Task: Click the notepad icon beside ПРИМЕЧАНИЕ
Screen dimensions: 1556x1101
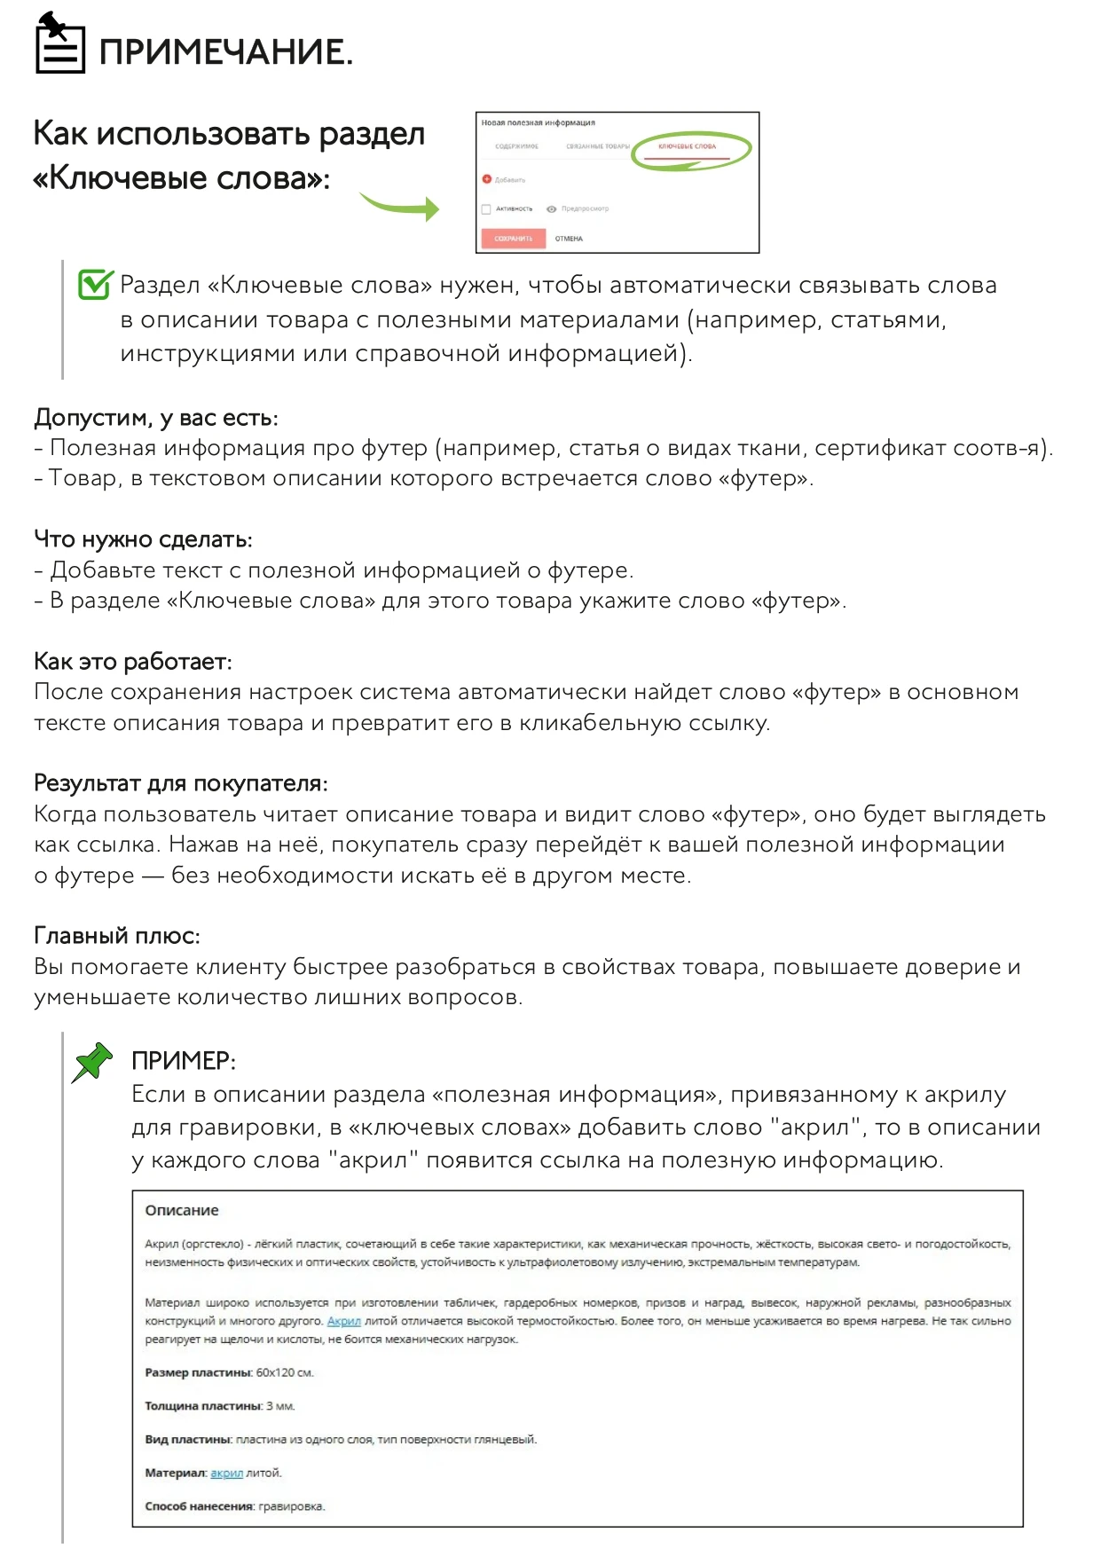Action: coord(59,44)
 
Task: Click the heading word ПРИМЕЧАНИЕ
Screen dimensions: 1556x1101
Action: coord(225,52)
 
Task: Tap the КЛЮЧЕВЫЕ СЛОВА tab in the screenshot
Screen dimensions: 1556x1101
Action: coord(687,146)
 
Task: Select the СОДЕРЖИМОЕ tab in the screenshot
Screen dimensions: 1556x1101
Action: coord(516,146)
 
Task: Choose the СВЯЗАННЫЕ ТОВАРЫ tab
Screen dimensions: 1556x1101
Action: coord(597,146)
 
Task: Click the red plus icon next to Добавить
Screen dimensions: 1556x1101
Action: coord(486,179)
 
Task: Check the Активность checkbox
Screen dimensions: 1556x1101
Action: coord(486,209)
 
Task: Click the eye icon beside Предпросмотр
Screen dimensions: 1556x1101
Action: coord(552,209)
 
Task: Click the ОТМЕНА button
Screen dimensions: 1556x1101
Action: coord(569,239)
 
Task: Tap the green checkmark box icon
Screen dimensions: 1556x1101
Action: coord(95,284)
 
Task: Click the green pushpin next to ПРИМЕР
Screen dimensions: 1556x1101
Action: coord(92,1062)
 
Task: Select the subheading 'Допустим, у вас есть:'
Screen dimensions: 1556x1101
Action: coord(156,417)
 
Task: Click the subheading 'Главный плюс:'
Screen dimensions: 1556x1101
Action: coord(117,935)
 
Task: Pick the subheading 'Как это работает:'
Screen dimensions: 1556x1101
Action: coord(133,661)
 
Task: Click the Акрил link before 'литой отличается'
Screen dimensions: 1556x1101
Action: coord(343,1321)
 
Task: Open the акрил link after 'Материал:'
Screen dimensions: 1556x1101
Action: coord(226,1473)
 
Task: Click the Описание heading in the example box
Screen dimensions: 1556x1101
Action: coord(182,1210)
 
